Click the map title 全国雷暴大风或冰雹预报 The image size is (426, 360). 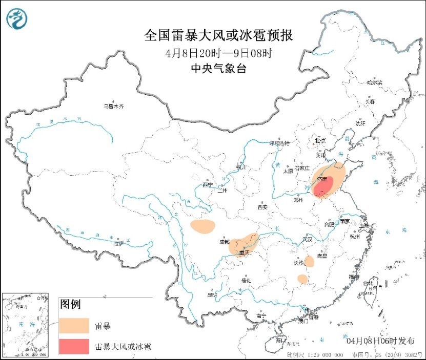point(219,35)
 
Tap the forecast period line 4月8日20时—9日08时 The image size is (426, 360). point(219,53)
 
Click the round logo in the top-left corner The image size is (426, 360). point(17,19)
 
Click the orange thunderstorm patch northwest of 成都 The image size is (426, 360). point(202,226)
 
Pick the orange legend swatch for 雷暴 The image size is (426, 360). point(73,326)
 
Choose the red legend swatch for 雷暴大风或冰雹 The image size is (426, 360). point(73,346)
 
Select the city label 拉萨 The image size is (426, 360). point(118,244)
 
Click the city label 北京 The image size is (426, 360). point(320,140)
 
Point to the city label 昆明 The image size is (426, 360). point(212,295)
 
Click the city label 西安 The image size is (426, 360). point(262,207)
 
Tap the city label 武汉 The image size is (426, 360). point(308,239)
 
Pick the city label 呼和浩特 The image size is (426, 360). point(280,143)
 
